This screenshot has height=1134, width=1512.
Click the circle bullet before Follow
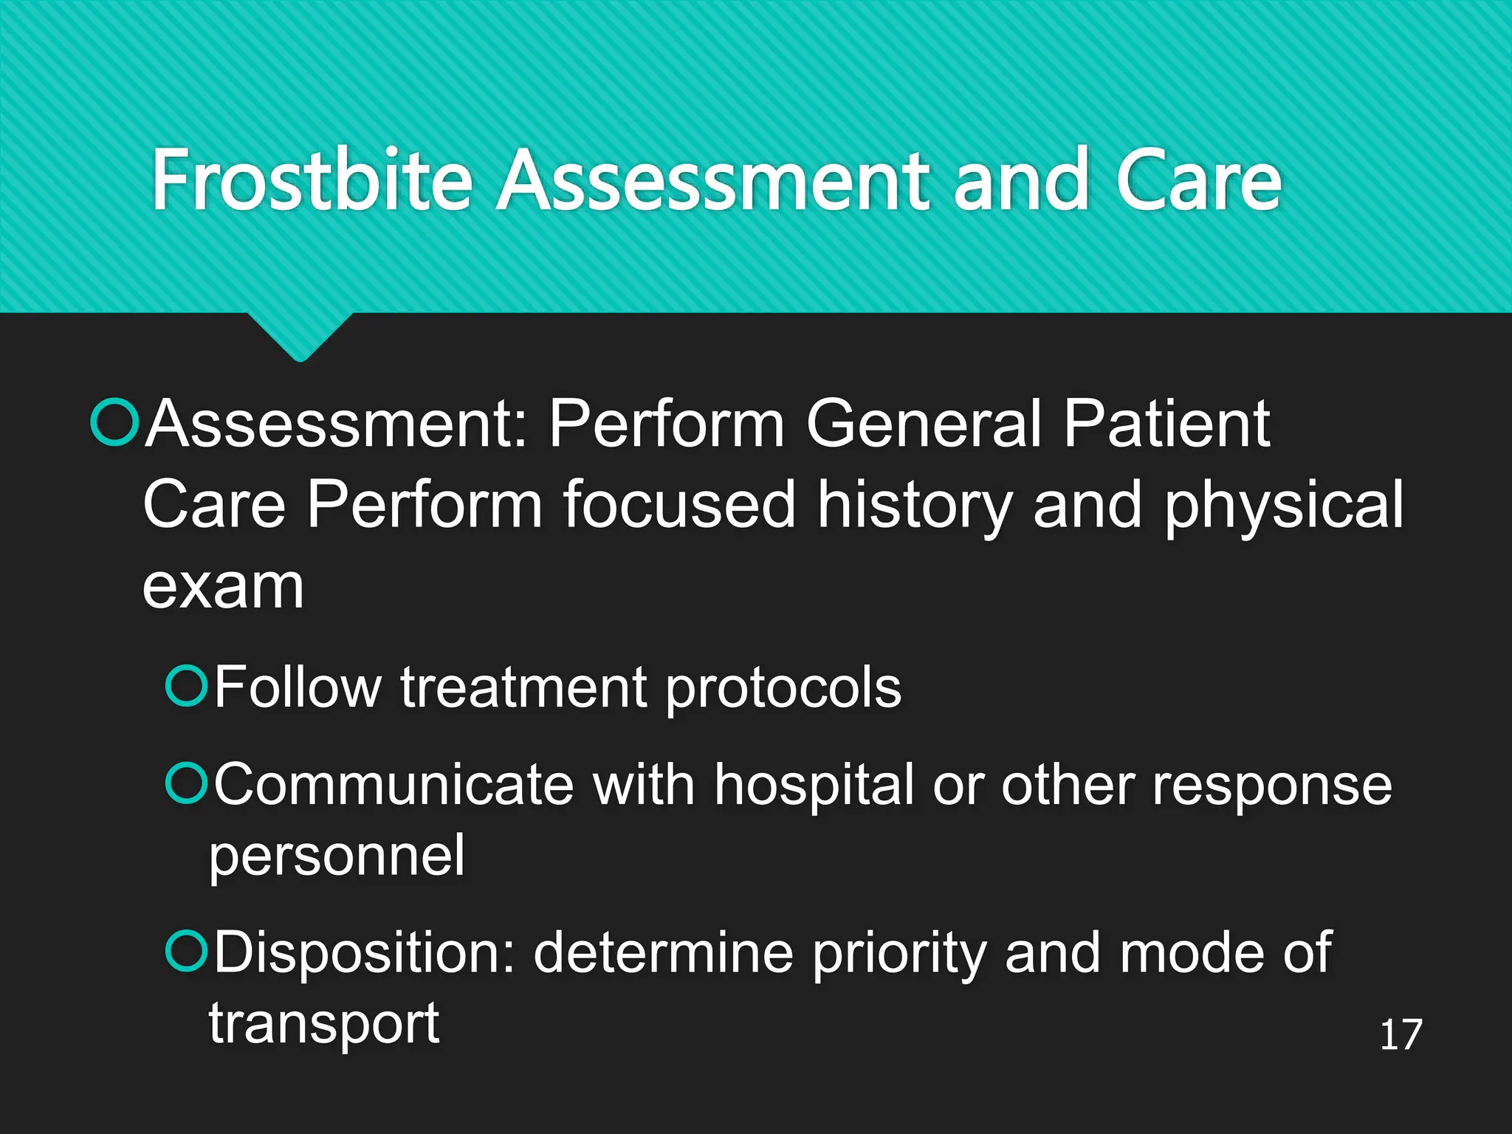[186, 686]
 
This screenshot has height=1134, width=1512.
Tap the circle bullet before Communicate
[186, 783]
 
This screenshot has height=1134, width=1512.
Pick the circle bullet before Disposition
[186, 951]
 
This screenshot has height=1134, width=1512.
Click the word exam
[222, 588]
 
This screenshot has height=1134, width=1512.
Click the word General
[924, 425]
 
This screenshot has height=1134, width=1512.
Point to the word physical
[1283, 506]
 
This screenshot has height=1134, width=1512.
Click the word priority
[899, 953]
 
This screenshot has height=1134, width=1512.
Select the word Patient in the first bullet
[1166, 425]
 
